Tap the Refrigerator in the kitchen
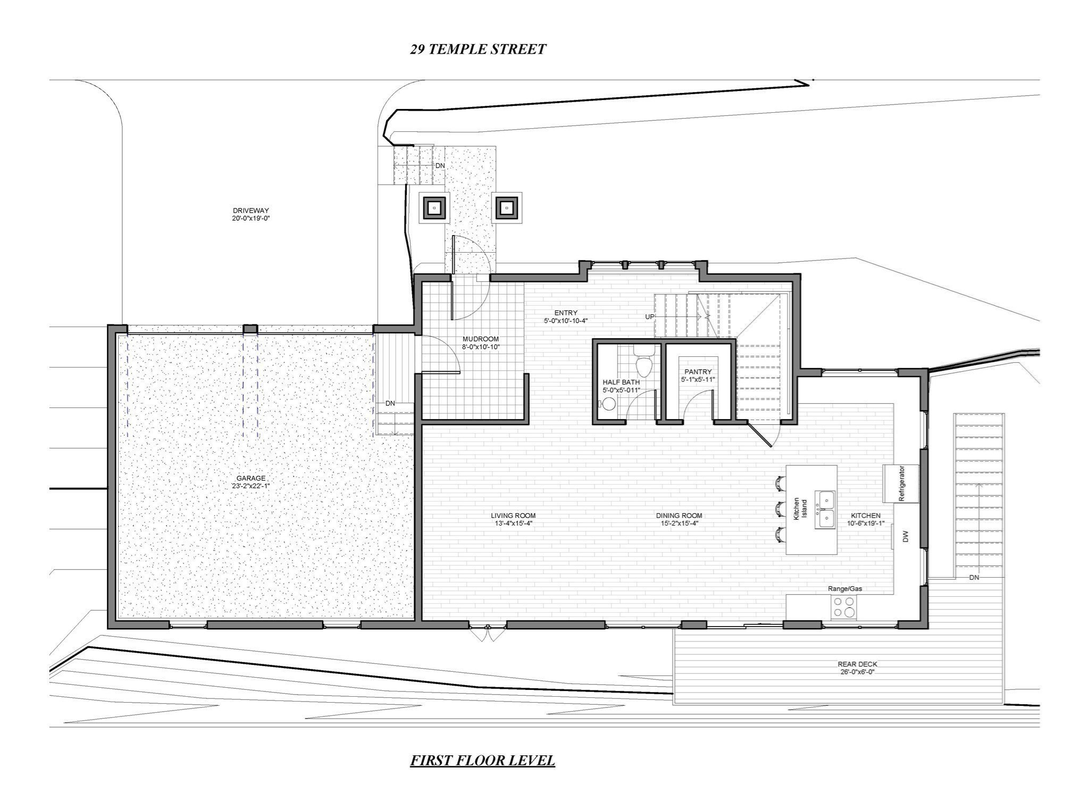tap(901, 483)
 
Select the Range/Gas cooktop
tap(844, 607)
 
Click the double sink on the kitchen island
tap(826, 509)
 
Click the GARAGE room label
tap(251, 478)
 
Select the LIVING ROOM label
tap(513, 515)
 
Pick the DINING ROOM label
tap(679, 515)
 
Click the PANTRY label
tap(698, 372)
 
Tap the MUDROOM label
tap(481, 339)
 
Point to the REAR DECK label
tap(857, 664)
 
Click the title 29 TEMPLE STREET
tap(478, 49)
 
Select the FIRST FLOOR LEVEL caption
tap(482, 760)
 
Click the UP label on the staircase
tap(650, 316)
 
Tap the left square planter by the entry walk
tap(435, 207)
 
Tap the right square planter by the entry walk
tap(507, 207)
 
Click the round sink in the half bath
tap(609, 404)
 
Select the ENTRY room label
tap(565, 313)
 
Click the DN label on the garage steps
tap(390, 403)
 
